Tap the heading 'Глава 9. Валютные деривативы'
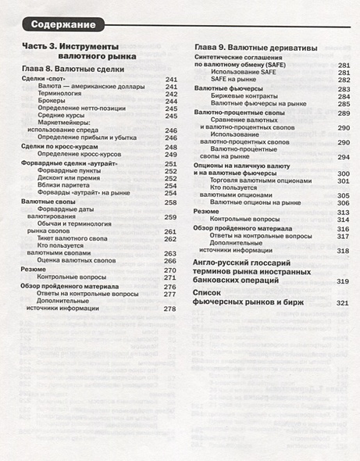(255, 48)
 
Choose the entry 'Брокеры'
(52, 100)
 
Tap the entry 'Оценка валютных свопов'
(78, 260)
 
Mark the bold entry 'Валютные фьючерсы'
(228, 88)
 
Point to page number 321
(342, 302)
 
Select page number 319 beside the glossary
(342, 280)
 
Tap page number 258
(170, 202)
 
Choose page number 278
(170, 309)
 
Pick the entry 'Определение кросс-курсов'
(84, 155)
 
